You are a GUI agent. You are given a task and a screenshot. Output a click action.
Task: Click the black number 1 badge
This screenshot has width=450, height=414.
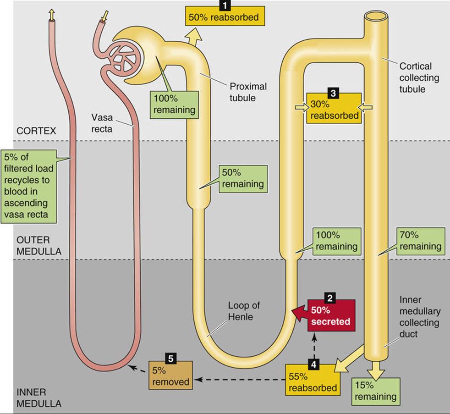(x=225, y=5)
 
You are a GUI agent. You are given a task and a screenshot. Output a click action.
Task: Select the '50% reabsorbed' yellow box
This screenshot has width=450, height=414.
(x=225, y=17)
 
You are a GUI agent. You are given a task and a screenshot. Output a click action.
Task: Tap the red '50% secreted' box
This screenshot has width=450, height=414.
(x=331, y=315)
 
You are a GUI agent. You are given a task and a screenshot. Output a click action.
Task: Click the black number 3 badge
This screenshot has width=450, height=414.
(x=333, y=93)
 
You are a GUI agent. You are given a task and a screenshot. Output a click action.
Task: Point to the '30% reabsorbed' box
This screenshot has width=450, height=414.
(x=334, y=109)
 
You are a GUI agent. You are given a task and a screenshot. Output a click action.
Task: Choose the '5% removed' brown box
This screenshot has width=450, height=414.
(x=170, y=375)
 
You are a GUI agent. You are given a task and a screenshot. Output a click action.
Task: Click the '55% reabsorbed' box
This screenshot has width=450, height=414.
(x=313, y=380)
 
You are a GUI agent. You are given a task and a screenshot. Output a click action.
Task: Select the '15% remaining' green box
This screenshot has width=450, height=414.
(x=376, y=392)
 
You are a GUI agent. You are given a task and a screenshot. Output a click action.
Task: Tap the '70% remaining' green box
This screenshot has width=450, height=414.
(x=420, y=241)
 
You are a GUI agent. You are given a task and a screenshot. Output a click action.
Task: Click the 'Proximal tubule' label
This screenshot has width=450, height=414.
(x=248, y=92)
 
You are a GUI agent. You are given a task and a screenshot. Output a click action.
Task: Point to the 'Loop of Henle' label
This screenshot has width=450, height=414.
(x=244, y=311)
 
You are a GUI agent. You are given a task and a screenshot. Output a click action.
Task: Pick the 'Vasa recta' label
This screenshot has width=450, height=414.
(x=102, y=123)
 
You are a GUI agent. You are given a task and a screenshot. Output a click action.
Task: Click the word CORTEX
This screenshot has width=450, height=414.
(x=36, y=131)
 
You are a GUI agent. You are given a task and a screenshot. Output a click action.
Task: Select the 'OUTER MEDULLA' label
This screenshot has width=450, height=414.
(x=39, y=246)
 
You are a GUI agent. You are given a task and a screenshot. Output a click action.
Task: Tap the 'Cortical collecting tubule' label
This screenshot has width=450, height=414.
(x=419, y=77)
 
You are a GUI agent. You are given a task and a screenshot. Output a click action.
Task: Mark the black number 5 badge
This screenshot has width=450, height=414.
(x=171, y=359)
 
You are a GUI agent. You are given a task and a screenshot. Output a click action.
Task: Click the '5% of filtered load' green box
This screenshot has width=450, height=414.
(x=28, y=186)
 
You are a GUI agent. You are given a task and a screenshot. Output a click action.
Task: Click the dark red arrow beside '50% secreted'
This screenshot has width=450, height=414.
(x=299, y=313)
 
